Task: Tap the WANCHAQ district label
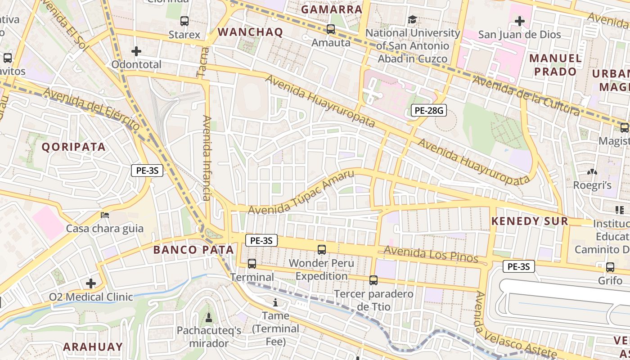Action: pyautogui.click(x=250, y=32)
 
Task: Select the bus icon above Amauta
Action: pyautogui.click(x=331, y=29)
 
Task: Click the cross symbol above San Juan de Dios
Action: pyautogui.click(x=520, y=21)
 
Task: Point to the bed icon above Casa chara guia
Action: pyautogui.click(x=105, y=215)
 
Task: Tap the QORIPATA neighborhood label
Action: pyautogui.click(x=74, y=147)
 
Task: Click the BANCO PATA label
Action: pyautogui.click(x=193, y=250)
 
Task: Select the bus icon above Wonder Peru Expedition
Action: pyautogui.click(x=322, y=249)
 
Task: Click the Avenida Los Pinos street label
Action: pyautogui.click(x=431, y=255)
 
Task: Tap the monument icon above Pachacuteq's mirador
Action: pyautogui.click(x=208, y=318)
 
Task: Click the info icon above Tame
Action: pyautogui.click(x=275, y=302)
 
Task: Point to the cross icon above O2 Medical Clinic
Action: pyautogui.click(x=91, y=283)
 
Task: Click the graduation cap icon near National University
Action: pyautogui.click(x=412, y=19)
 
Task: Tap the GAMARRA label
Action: pyautogui.click(x=332, y=9)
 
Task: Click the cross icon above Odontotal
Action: pyautogui.click(x=136, y=51)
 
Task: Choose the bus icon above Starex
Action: pyautogui.click(x=184, y=21)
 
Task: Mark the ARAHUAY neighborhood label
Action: pyautogui.click(x=93, y=347)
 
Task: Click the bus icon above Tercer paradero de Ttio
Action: pyautogui.click(x=373, y=280)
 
